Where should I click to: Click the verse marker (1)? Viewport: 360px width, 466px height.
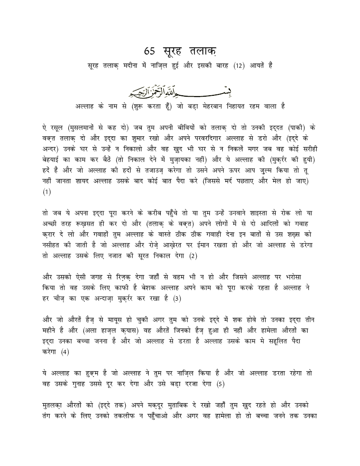(x=47, y=192)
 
